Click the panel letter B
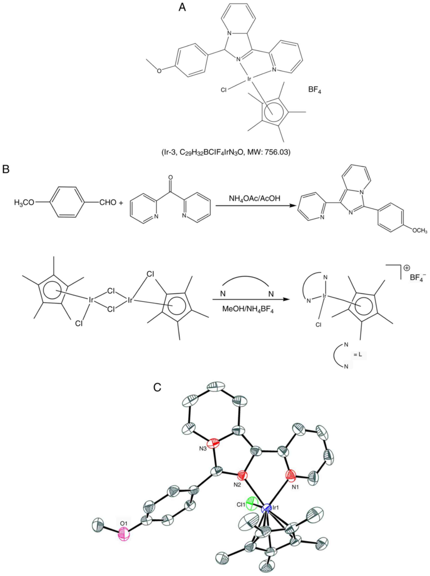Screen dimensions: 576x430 tap(6, 169)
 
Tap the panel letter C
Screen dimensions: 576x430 tap(157, 387)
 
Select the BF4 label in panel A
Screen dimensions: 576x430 tap(315, 91)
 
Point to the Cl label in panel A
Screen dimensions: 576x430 tap(224, 90)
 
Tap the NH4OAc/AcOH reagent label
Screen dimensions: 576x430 tap(255, 199)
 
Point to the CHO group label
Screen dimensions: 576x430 tap(108, 203)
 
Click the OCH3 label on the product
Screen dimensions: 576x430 tap(420, 230)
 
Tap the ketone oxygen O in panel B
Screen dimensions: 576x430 tap(170, 178)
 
